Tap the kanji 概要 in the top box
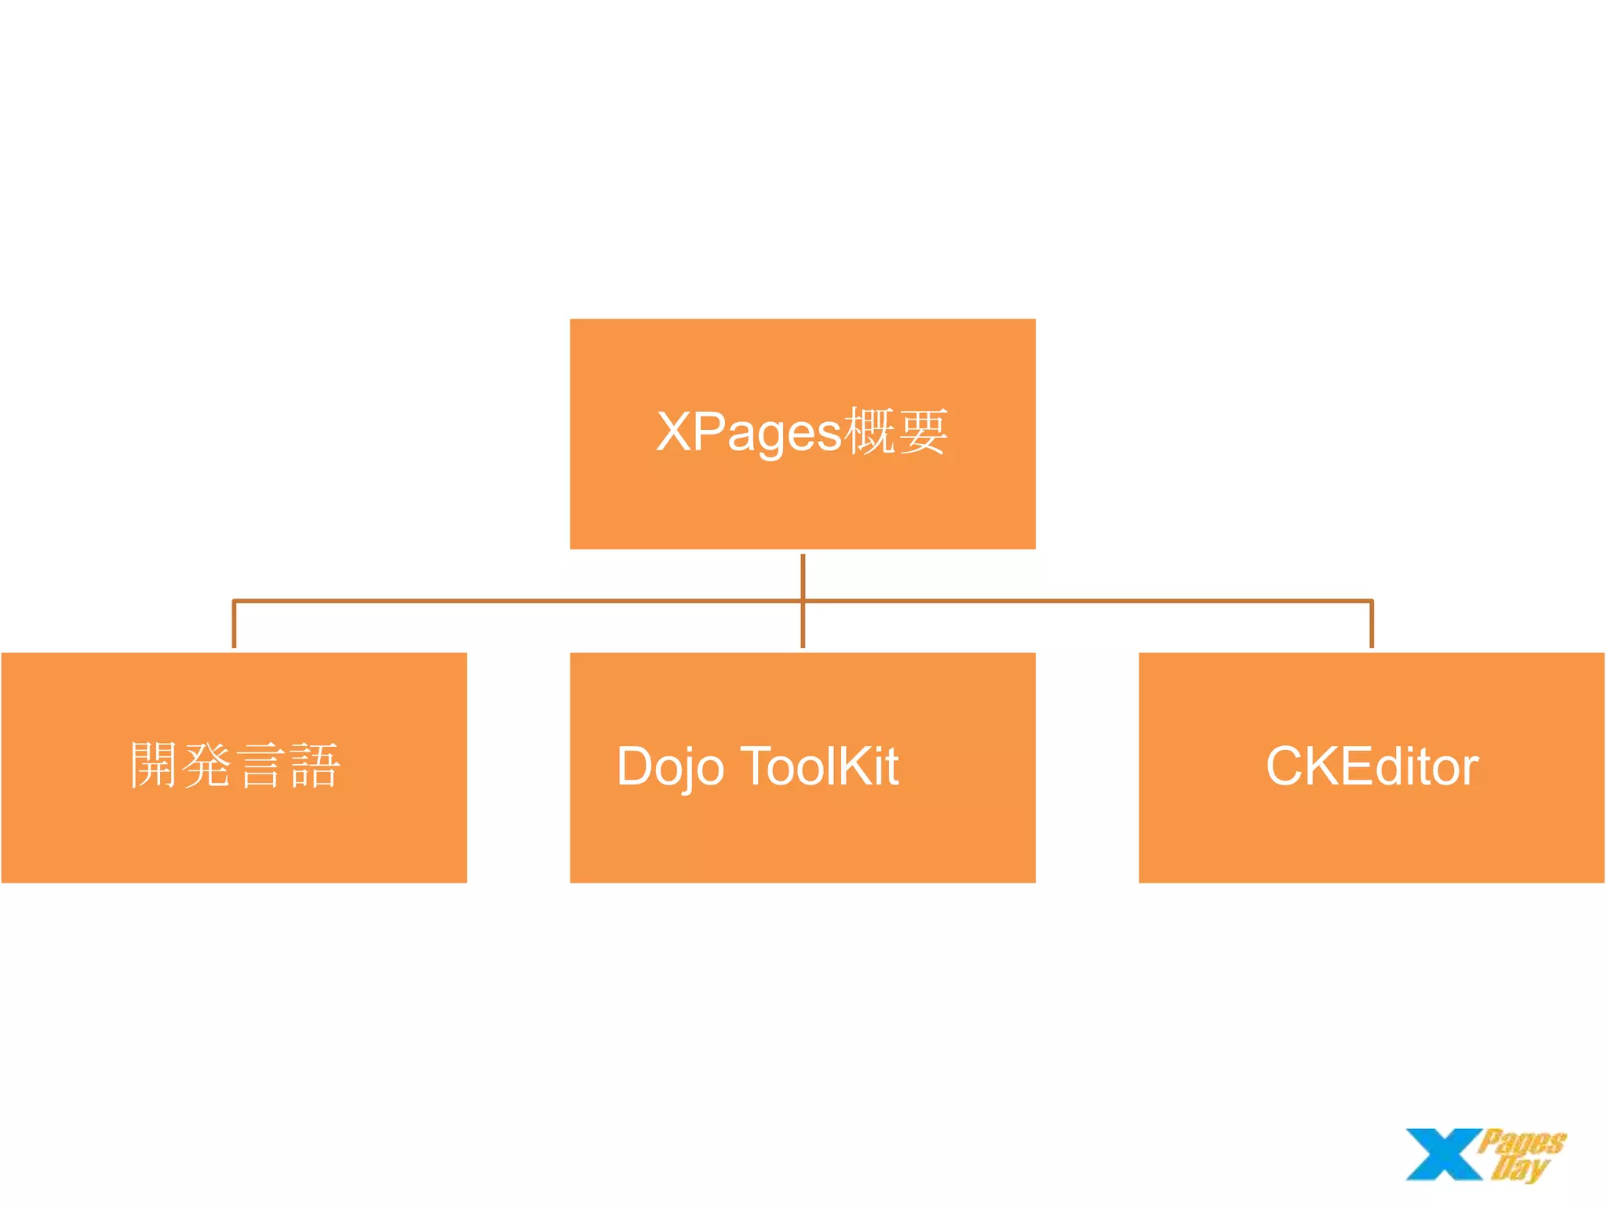[x=896, y=431]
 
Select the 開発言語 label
[x=235, y=766]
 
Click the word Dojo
[x=670, y=766]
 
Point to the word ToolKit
[x=819, y=766]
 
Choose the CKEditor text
[x=1372, y=766]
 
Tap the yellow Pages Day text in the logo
[x=1521, y=1153]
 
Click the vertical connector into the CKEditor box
[x=1372, y=625]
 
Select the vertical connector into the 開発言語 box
[x=234, y=625]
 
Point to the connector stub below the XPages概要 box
[x=803, y=574]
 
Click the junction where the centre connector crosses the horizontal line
[x=803, y=601]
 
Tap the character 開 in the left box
[x=154, y=766]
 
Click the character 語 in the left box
[x=315, y=766]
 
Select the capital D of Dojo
[x=636, y=766]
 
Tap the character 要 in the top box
[x=923, y=431]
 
